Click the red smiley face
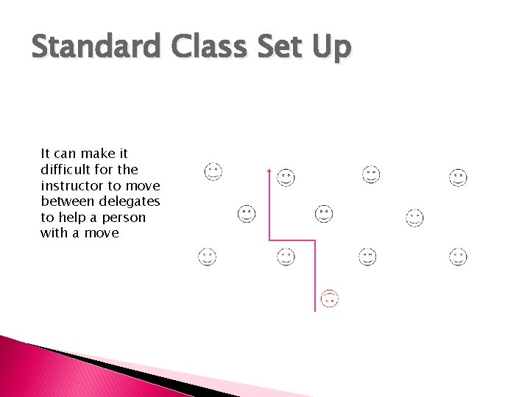click(x=330, y=298)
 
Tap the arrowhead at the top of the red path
click(x=269, y=171)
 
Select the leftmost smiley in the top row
click(x=213, y=171)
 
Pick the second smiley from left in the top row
click(x=286, y=177)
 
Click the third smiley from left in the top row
click(x=371, y=174)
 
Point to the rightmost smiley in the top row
click(x=458, y=177)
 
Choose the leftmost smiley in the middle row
click(x=247, y=213)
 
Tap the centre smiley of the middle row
click(x=324, y=213)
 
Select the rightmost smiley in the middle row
click(x=414, y=218)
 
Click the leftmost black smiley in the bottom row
click(x=208, y=257)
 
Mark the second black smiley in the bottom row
click(x=286, y=257)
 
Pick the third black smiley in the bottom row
click(x=367, y=257)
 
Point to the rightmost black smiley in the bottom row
click(x=458, y=257)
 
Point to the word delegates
click(x=132, y=201)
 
